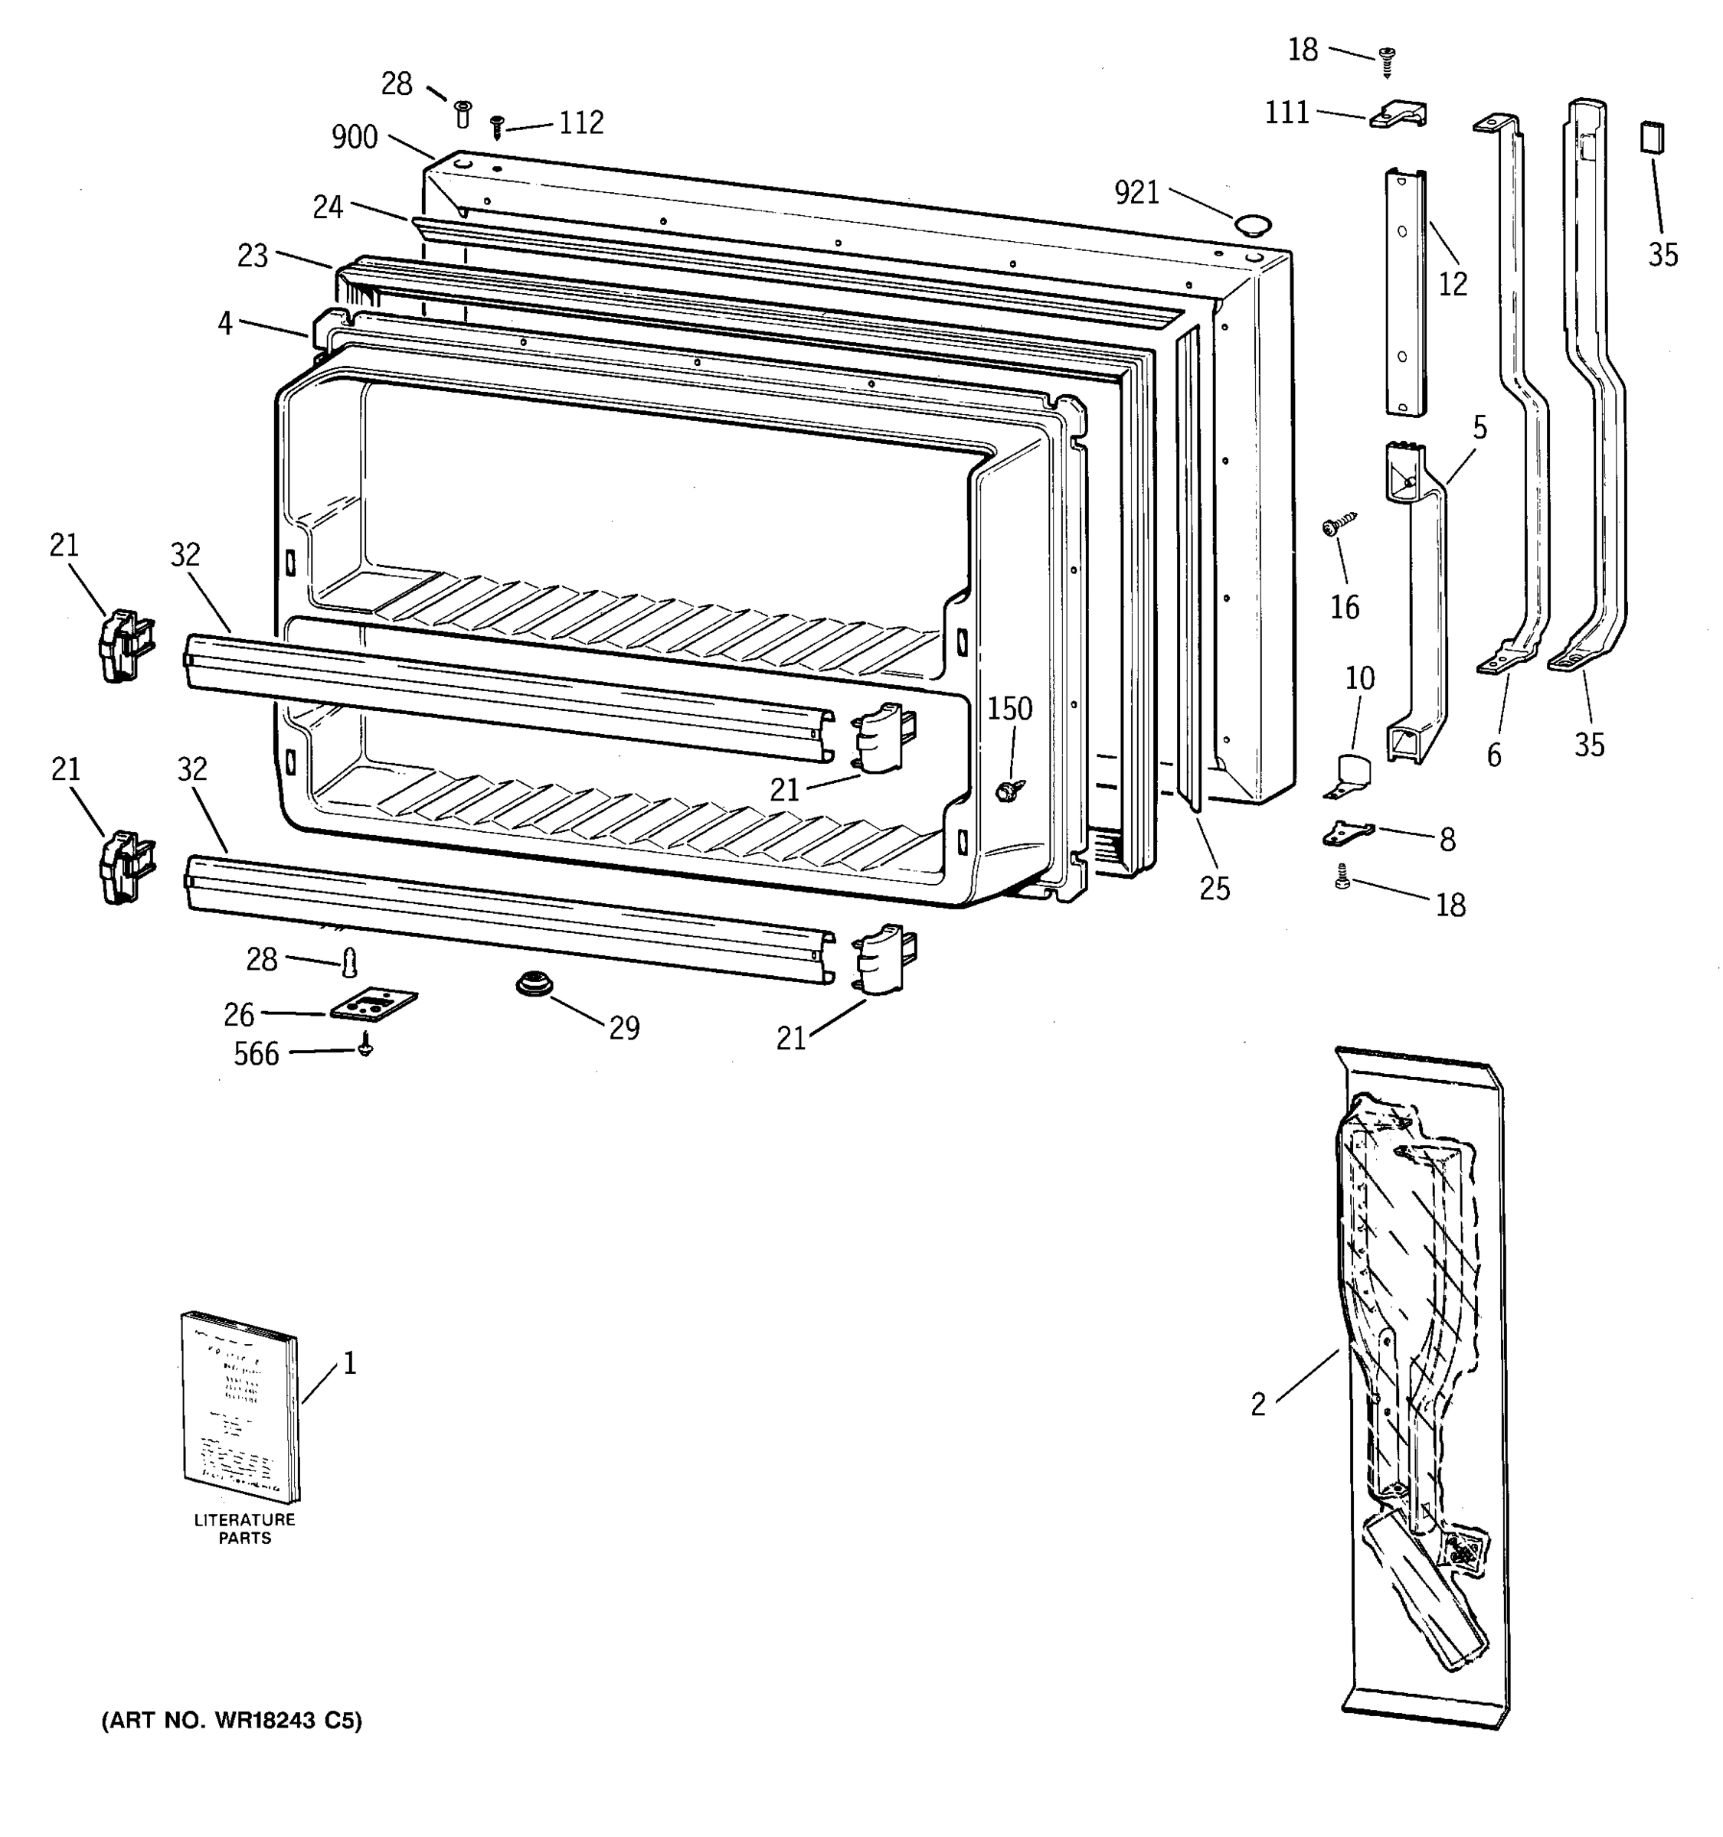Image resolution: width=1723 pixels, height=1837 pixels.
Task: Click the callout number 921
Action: tap(1136, 192)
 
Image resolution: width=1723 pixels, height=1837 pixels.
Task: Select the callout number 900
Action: tap(355, 138)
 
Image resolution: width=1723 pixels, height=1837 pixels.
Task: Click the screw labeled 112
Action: tap(497, 126)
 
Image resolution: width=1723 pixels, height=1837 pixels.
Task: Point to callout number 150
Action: tap(1009, 709)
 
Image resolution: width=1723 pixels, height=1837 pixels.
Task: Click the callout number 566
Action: tap(256, 1054)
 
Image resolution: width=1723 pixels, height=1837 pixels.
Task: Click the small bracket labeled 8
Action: tap(1348, 834)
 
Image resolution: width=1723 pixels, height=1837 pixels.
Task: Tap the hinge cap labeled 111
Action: tap(1398, 116)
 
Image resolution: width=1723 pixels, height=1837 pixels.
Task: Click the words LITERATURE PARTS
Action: tap(245, 1529)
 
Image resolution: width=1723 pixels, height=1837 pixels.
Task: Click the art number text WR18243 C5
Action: tap(232, 1721)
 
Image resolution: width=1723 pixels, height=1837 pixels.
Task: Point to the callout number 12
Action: tap(1452, 285)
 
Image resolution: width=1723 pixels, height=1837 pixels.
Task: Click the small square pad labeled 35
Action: tap(1652, 137)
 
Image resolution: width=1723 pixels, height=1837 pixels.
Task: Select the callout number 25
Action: tap(1215, 888)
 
